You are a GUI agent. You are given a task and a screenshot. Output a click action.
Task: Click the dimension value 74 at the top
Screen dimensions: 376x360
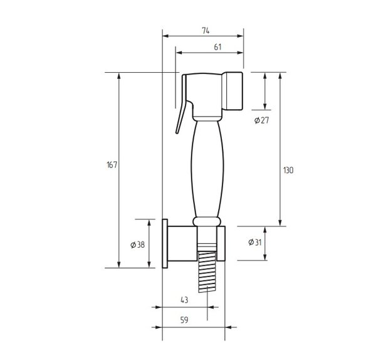pyautogui.click(x=206, y=31)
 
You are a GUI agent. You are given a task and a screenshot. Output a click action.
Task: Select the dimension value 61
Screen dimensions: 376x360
pyautogui.click(x=217, y=47)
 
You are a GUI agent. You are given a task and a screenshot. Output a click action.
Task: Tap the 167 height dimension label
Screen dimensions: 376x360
pyautogui.click(x=112, y=165)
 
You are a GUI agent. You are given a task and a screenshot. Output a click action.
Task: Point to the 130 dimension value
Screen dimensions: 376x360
pyautogui.click(x=288, y=171)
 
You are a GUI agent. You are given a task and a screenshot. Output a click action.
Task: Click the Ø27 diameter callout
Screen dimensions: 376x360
pyautogui.click(x=261, y=120)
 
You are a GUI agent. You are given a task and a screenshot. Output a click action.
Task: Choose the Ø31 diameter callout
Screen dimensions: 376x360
pyautogui.click(x=255, y=242)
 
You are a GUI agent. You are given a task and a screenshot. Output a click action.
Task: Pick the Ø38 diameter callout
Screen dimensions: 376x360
pyautogui.click(x=138, y=245)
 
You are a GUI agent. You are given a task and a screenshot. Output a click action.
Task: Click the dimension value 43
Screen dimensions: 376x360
pyautogui.click(x=184, y=300)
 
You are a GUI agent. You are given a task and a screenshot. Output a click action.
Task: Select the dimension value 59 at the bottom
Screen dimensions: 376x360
pyautogui.click(x=184, y=320)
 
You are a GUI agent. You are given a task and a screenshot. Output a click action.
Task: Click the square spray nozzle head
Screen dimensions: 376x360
pyautogui.click(x=232, y=91)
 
